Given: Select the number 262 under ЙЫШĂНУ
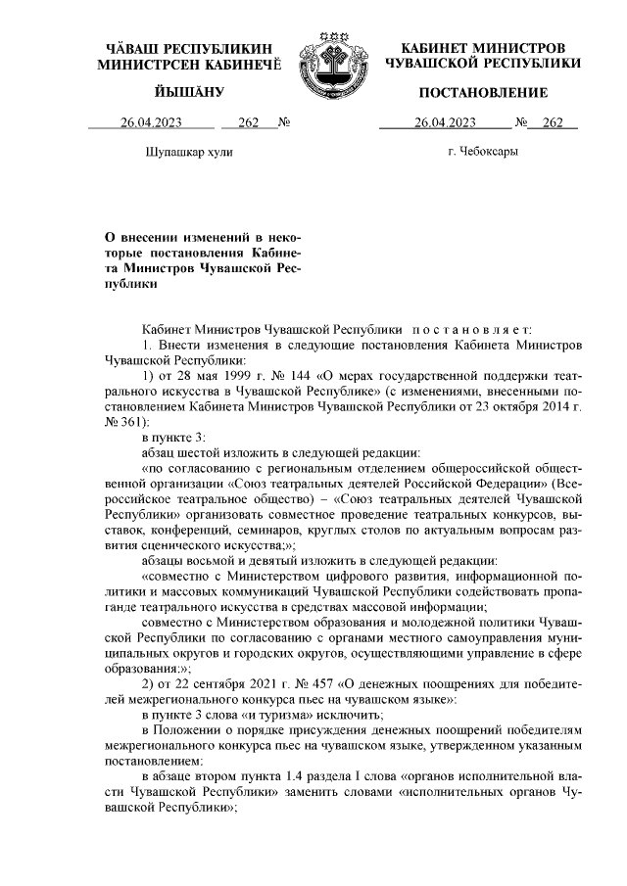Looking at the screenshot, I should pyautogui.click(x=247, y=123).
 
